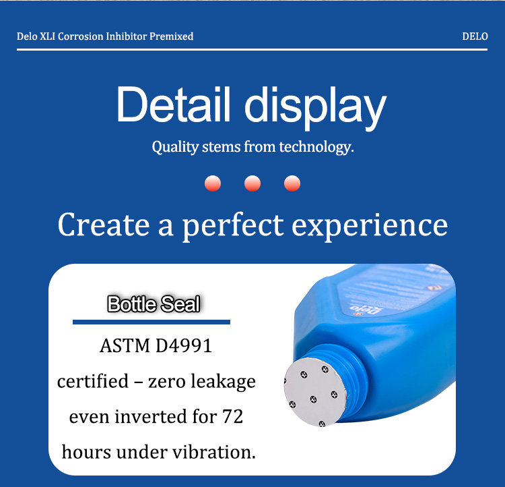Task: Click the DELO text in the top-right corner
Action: point(475,36)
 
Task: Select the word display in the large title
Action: point(315,108)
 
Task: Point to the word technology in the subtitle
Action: point(316,147)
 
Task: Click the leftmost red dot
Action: point(213,183)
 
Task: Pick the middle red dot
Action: point(252,183)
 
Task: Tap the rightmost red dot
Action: point(292,183)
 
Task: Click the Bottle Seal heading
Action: point(154,304)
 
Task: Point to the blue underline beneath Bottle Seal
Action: point(151,322)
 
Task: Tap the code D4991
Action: point(184,345)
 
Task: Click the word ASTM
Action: point(125,345)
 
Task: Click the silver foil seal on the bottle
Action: point(315,392)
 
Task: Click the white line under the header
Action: point(252,50)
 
